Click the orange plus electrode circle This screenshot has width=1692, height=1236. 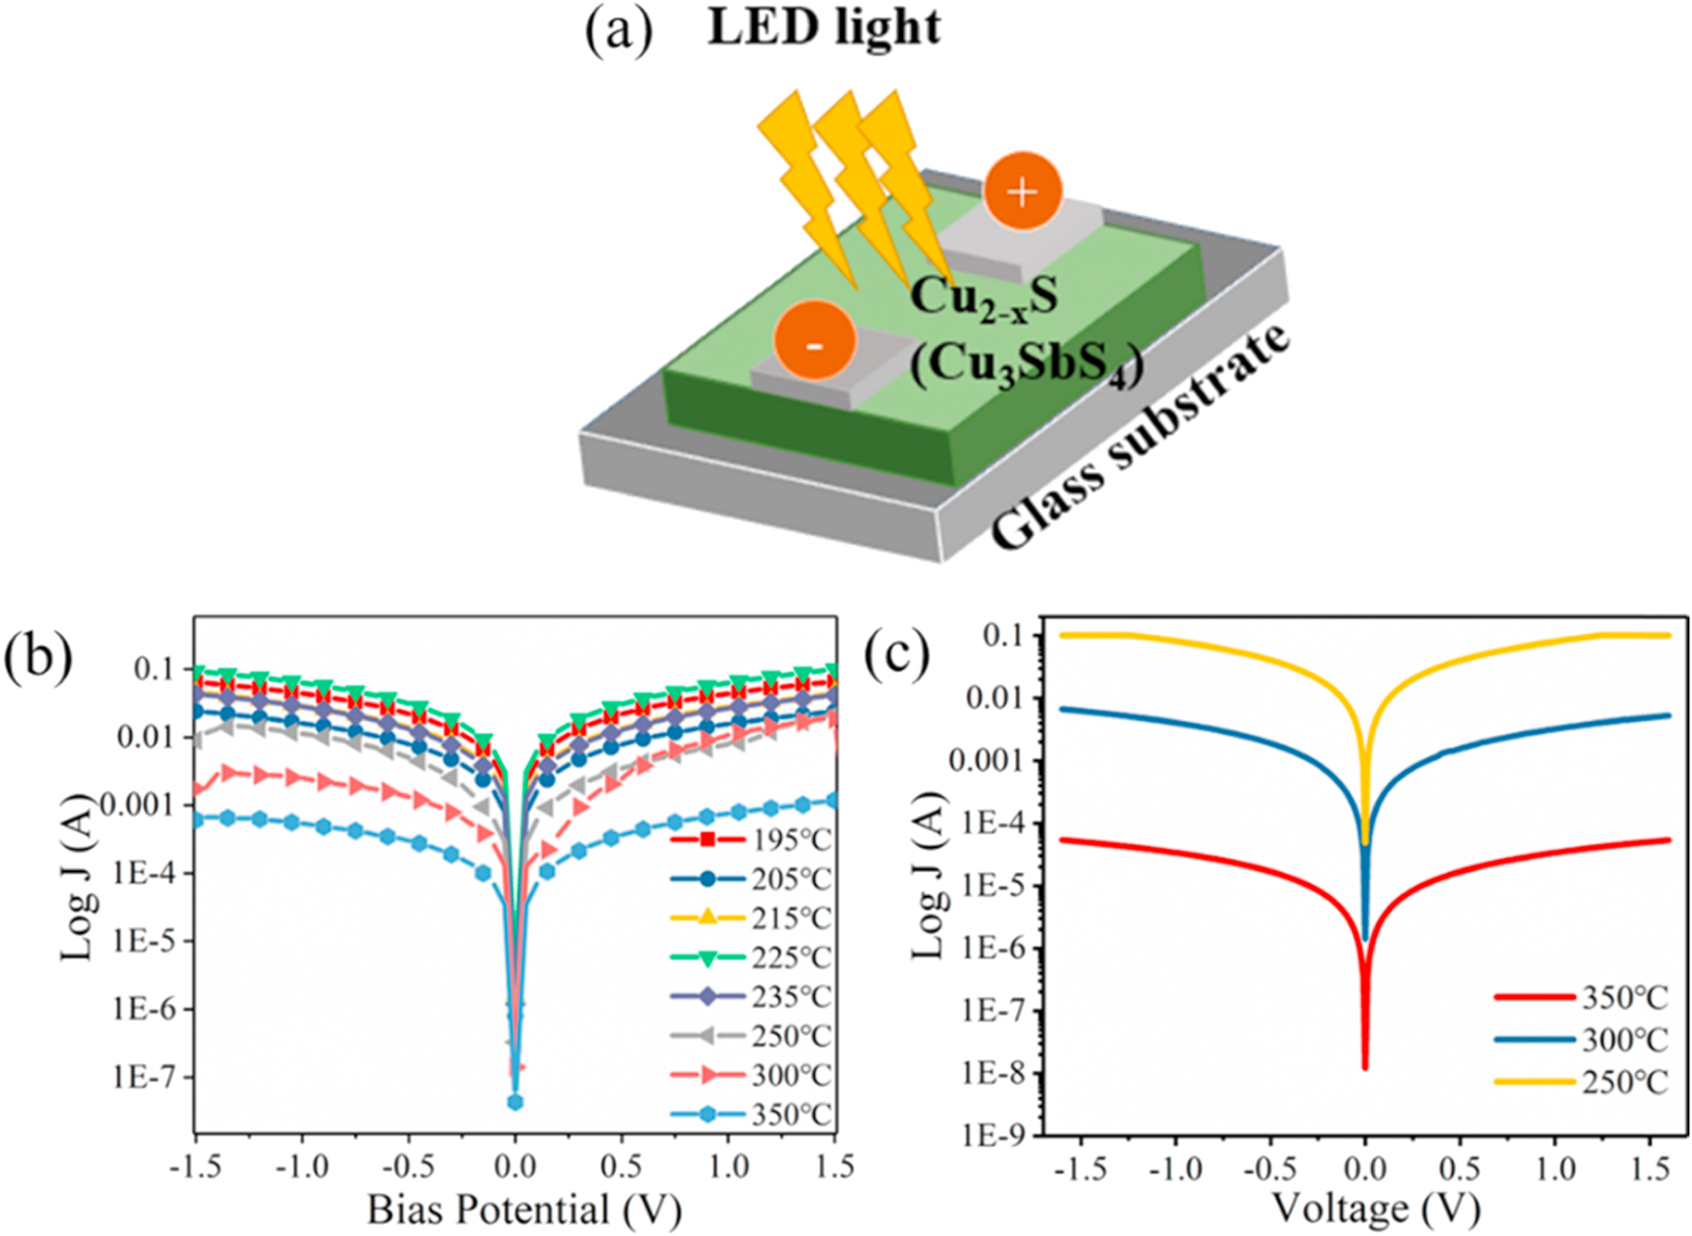(1023, 192)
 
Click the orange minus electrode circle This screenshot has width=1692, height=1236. (814, 340)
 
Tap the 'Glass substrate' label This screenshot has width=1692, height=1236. (1141, 438)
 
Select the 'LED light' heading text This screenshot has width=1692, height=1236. (824, 28)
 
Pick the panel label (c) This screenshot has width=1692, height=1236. (896, 656)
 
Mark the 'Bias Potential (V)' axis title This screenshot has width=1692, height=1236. (524, 1209)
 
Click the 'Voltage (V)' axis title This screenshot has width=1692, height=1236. (1375, 1207)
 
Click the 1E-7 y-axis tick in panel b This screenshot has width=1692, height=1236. (144, 1078)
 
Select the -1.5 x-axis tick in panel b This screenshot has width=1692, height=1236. (195, 1167)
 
